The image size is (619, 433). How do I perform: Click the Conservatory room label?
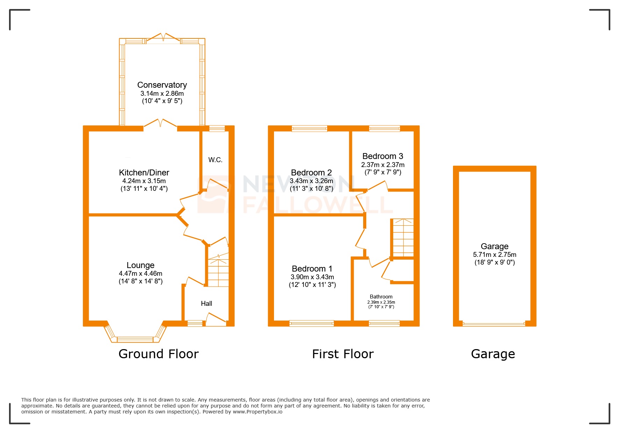pyautogui.click(x=162, y=85)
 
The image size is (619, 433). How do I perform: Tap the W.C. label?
pyautogui.click(x=215, y=160)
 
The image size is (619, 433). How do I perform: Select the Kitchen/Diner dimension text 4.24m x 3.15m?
pyautogui.click(x=144, y=181)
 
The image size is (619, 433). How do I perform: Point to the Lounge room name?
pyautogui.click(x=141, y=265)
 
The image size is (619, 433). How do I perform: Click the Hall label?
pyautogui.click(x=206, y=304)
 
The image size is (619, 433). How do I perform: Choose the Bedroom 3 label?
pyautogui.click(x=383, y=156)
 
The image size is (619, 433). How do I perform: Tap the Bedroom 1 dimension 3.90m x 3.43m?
pyautogui.click(x=312, y=277)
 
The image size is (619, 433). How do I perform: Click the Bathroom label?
pyautogui.click(x=381, y=297)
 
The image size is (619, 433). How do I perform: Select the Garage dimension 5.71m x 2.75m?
pyautogui.click(x=495, y=255)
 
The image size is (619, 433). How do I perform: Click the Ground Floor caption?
pyautogui.click(x=159, y=354)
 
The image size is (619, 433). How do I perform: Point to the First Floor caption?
pyautogui.click(x=343, y=354)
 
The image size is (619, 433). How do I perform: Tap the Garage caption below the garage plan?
pyautogui.click(x=493, y=354)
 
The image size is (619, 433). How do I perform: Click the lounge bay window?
pyautogui.click(x=135, y=339)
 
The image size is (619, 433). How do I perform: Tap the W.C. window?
pyautogui.click(x=217, y=129)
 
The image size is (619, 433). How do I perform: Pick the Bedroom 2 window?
pyautogui.click(x=309, y=129)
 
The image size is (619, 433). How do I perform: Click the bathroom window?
pyautogui.click(x=384, y=324)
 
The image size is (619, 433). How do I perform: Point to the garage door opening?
pyautogui.click(x=494, y=324)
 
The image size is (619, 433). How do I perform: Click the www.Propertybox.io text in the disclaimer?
pyautogui.click(x=258, y=412)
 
